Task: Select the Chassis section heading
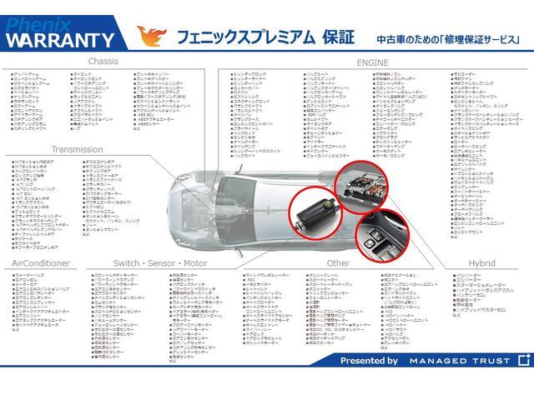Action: pyautogui.click(x=103, y=62)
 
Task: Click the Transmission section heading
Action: pyautogui.click(x=77, y=149)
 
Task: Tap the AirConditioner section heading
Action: pyautogui.click(x=41, y=262)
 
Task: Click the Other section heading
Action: pyautogui.click(x=338, y=262)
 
